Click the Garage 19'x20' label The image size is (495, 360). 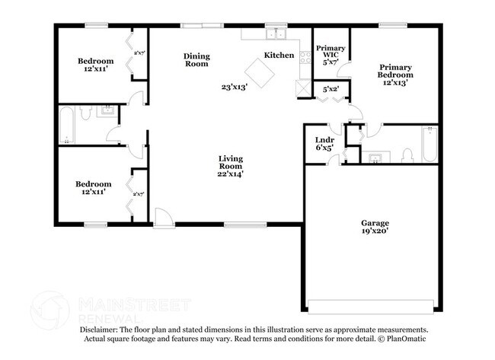tap(375, 227)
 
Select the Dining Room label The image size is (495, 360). tap(196, 60)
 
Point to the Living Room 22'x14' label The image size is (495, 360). tap(229, 166)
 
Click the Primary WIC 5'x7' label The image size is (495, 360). tap(331, 56)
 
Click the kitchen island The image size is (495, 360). tap(262, 74)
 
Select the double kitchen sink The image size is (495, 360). tap(274, 34)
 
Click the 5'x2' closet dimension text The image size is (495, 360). tap(331, 89)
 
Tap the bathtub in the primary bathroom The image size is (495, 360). tap(429, 145)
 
